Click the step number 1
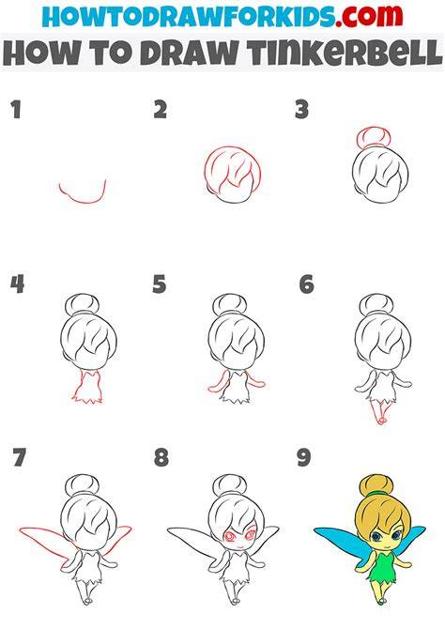point(16,110)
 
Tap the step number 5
point(159,284)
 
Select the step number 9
point(304,457)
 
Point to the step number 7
point(20,457)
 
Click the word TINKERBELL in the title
point(345,53)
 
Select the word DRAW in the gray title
point(189,53)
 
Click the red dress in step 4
point(87,386)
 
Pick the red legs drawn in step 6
point(379,411)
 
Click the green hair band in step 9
point(376,492)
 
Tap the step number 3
point(301,110)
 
